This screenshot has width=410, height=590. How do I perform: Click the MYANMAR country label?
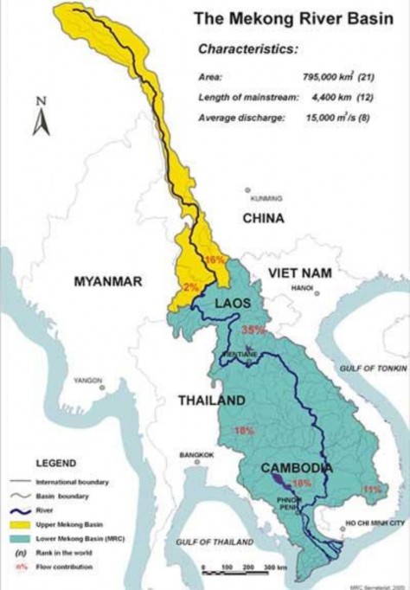(x=108, y=280)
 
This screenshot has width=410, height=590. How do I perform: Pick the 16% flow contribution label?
(x=214, y=260)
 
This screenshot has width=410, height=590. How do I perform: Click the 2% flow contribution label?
(x=192, y=286)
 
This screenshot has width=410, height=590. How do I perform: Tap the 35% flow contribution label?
(x=253, y=330)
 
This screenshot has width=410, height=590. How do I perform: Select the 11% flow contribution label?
(x=372, y=490)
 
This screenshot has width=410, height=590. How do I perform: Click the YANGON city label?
(x=88, y=380)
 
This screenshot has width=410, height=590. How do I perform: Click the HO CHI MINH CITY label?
(x=375, y=523)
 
